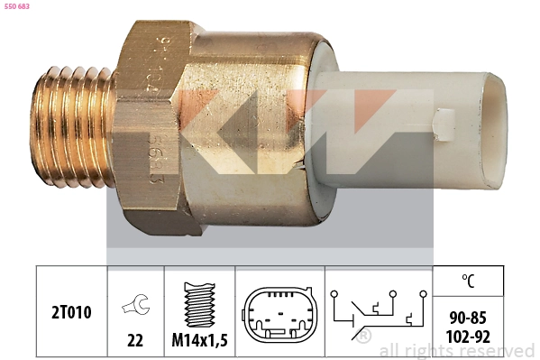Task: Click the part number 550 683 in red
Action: pos(18,7)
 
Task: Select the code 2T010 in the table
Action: pos(70,312)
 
